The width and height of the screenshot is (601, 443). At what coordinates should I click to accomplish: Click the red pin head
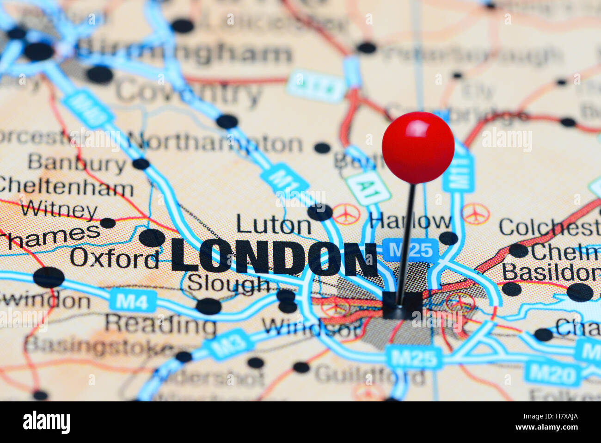point(418,147)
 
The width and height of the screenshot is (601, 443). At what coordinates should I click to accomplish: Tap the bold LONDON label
point(274,258)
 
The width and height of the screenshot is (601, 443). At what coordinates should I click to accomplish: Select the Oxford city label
point(115,258)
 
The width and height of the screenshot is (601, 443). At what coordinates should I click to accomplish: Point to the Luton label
point(274,225)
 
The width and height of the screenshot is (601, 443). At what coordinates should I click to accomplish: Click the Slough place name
point(228,283)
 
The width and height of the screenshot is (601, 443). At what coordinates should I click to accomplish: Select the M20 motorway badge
point(553,374)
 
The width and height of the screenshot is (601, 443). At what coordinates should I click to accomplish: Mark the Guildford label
point(369,375)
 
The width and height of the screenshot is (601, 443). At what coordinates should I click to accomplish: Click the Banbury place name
point(77,163)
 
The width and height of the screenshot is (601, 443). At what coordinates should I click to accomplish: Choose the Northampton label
point(215,143)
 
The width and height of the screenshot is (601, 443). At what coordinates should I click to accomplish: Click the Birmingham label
point(185,54)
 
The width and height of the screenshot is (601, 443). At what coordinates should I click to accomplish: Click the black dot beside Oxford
point(152,238)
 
